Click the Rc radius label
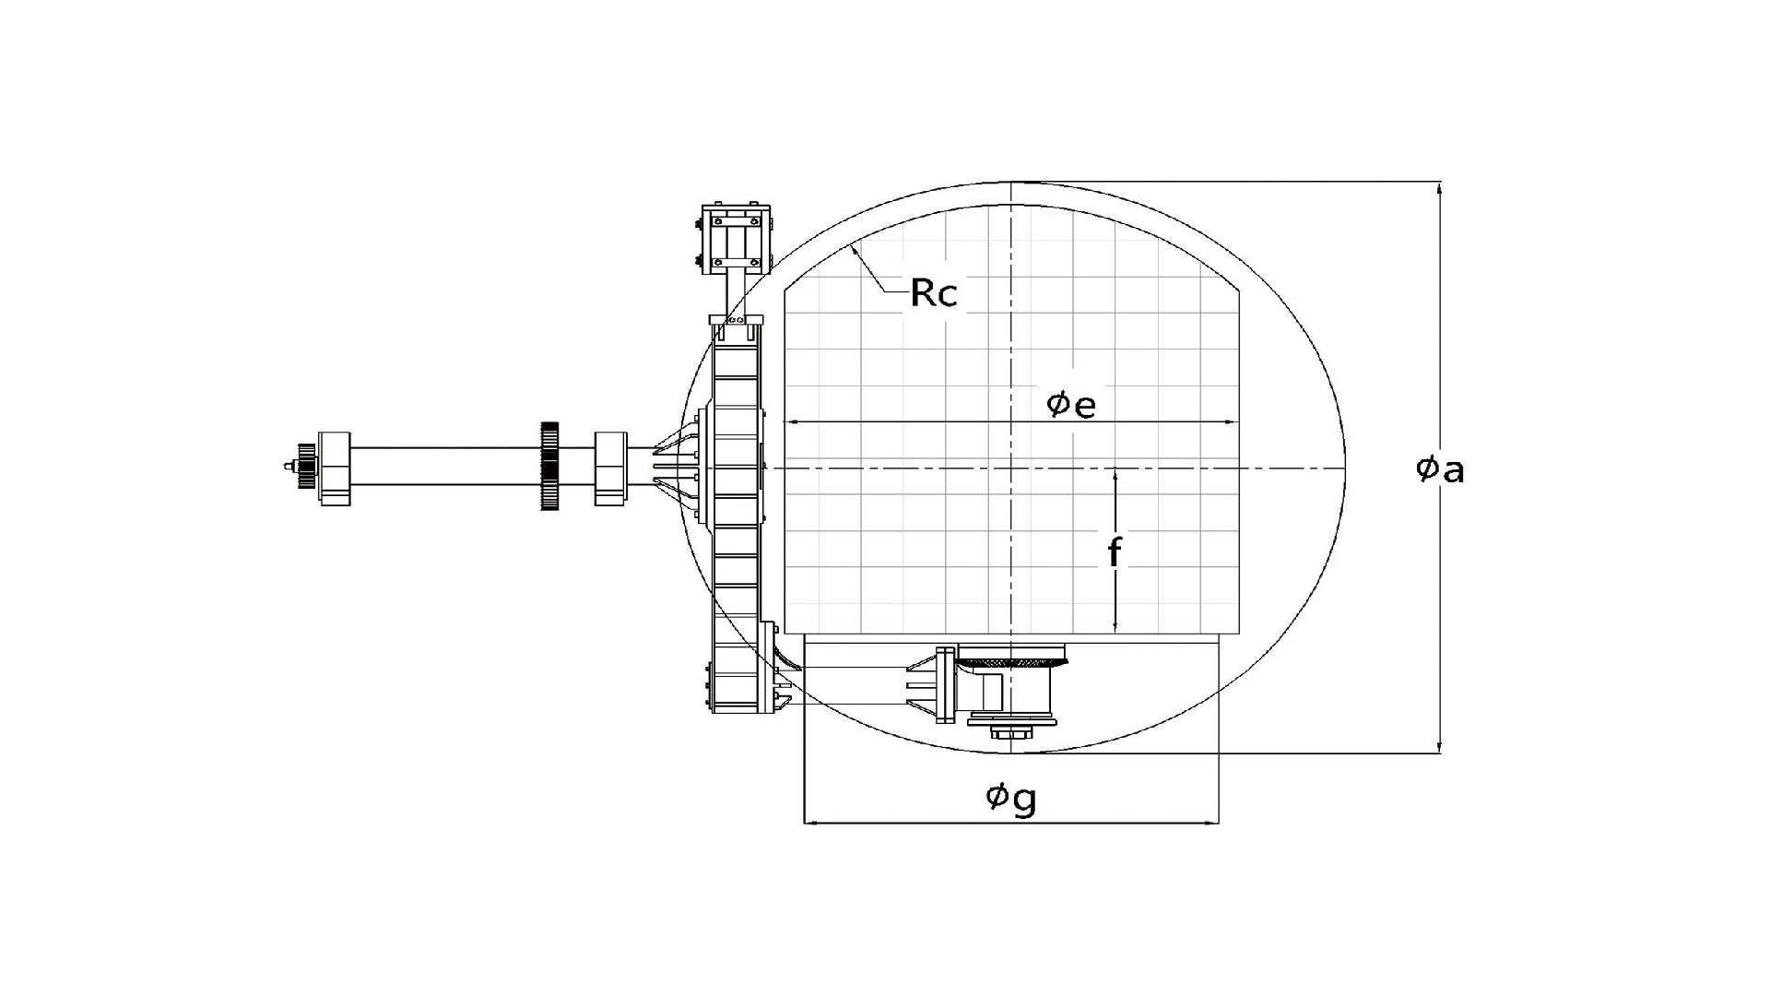934,292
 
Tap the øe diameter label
1070,404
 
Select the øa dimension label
1440,469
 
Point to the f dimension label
1115,552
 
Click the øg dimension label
1010,798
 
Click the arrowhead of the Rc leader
855,246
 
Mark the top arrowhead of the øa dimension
1440,188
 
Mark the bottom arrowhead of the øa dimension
1440,747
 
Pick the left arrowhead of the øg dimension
811,822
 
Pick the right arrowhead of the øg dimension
1212,822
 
